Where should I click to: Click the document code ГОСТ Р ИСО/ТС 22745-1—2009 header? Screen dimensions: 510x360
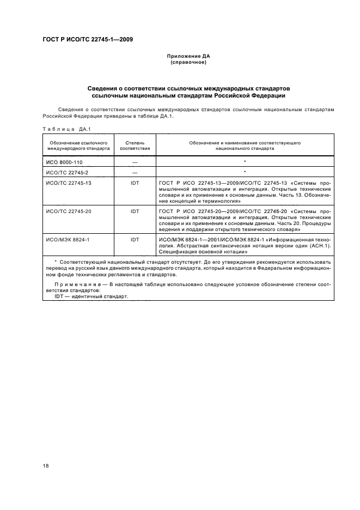click(87, 39)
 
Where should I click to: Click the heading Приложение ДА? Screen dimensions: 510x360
click(188, 57)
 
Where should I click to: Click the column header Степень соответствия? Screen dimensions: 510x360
click(135, 145)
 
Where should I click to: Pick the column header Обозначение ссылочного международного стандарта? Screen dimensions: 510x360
click(78, 145)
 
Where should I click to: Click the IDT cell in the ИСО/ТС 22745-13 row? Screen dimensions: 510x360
click(135, 183)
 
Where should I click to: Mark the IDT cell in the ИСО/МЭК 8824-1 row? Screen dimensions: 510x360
click(135, 237)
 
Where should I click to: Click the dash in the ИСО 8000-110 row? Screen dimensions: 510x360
click(135, 162)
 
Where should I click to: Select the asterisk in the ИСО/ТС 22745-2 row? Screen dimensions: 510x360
click(245, 172)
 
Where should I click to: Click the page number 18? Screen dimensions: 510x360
click(45, 465)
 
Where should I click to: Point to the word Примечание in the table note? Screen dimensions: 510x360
click(78, 286)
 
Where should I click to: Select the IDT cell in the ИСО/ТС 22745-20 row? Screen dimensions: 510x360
click(135, 210)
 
